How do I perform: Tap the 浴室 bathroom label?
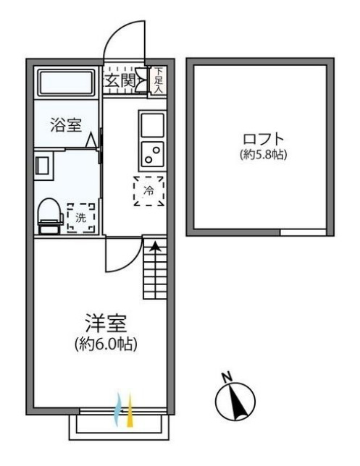(x=65, y=124)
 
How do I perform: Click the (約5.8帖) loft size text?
(x=263, y=154)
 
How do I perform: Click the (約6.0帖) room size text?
(x=106, y=344)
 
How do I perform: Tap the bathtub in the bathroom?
(x=66, y=82)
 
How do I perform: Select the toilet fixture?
(x=49, y=214)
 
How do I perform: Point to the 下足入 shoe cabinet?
(x=159, y=80)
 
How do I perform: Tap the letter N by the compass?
(x=226, y=376)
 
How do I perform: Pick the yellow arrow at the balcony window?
(x=130, y=412)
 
